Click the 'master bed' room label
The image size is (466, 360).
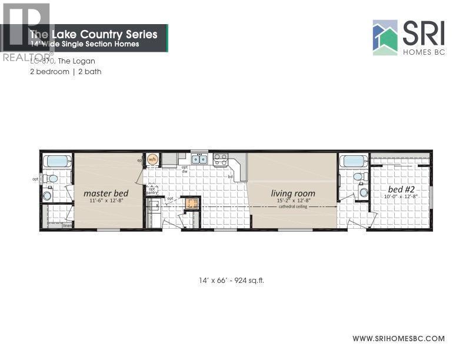pos(106,192)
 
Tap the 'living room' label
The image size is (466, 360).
pos(293,193)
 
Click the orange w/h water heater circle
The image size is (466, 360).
pos(152,159)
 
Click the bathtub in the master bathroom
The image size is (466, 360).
pos(56,161)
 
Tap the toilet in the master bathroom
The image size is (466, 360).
pos(52,178)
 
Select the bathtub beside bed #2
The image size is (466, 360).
pos(354,161)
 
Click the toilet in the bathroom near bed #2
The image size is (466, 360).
pos(357,176)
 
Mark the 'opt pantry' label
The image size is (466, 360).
pos(152,191)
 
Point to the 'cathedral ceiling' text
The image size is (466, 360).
pos(293,206)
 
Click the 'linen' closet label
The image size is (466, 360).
pos(66,225)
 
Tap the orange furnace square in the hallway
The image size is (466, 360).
pos(190,204)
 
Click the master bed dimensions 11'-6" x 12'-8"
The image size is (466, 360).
pos(106,201)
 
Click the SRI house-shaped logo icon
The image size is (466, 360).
pos(385,38)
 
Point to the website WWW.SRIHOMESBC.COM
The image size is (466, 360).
pos(398,338)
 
